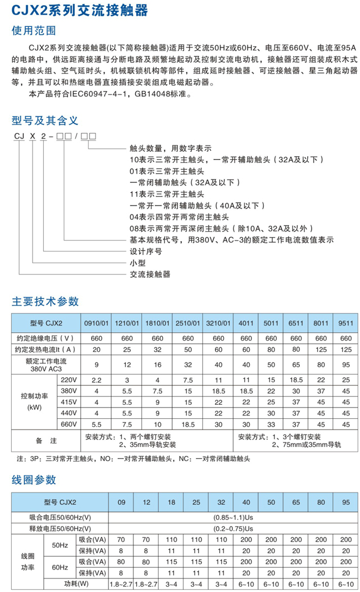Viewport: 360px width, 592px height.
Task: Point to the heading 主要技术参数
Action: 45,301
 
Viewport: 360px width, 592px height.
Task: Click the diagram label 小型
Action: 137,263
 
